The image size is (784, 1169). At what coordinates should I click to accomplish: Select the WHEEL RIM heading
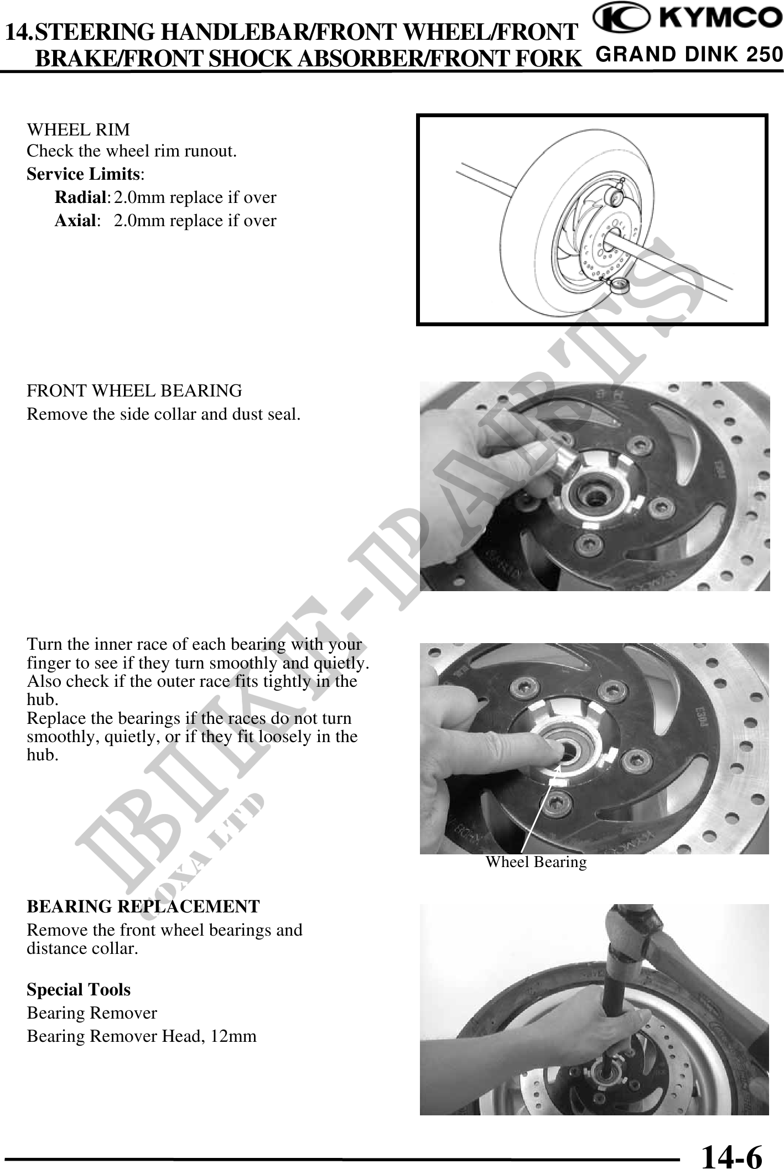click(79, 130)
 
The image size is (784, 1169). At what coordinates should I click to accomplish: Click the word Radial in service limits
click(81, 197)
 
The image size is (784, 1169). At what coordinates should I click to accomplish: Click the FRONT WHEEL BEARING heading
click(134, 391)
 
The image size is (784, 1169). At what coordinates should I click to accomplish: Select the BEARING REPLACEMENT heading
click(143, 906)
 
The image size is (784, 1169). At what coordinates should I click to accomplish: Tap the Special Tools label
click(79, 989)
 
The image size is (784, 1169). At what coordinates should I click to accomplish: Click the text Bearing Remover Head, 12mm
click(142, 1036)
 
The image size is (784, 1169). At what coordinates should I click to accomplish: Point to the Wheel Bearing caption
click(536, 862)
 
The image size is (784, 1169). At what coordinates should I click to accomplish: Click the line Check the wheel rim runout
click(132, 151)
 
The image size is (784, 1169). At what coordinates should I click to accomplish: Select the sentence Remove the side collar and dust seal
click(164, 414)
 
